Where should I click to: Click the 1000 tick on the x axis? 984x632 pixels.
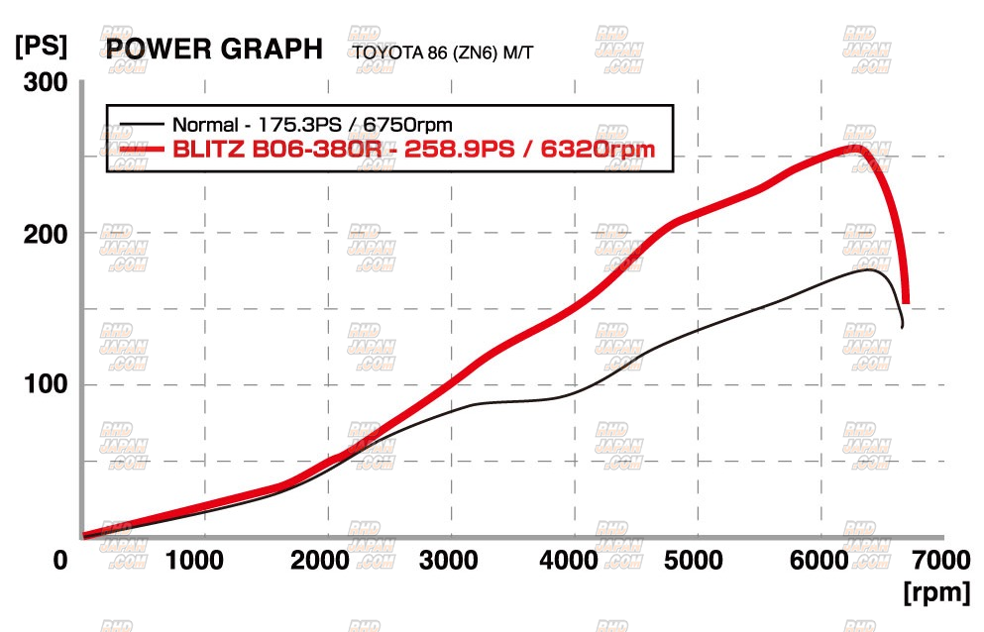pyautogui.click(x=194, y=561)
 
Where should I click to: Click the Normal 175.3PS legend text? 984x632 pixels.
pyautogui.click(x=312, y=126)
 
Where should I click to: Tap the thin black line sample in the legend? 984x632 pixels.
pyautogui.click(x=140, y=125)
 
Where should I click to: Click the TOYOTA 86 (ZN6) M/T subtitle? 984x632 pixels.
pyautogui.click(x=443, y=52)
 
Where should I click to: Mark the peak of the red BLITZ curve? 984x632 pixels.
pyautogui.click(x=854, y=149)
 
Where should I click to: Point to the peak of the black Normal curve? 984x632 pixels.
pyautogui.click(x=870, y=268)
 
